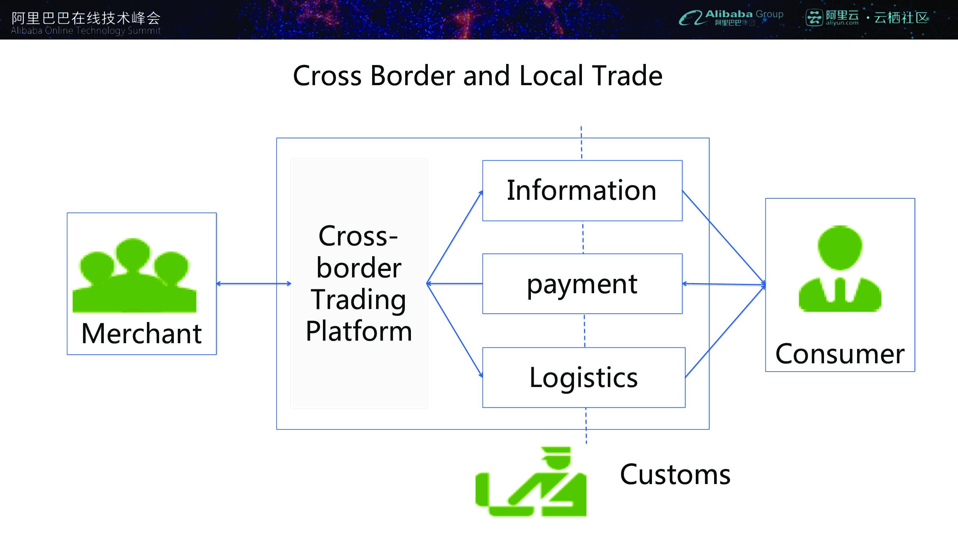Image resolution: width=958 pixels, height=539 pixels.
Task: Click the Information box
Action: [582, 190]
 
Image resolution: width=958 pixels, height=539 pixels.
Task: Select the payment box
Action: [582, 284]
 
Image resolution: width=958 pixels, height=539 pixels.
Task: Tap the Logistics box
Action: [583, 377]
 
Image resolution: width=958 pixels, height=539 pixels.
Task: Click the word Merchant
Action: [141, 333]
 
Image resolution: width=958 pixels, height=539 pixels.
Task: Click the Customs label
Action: [675, 475]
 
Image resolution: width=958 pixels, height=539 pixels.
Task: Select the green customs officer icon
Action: [531, 482]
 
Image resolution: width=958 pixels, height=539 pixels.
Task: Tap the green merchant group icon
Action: [134, 275]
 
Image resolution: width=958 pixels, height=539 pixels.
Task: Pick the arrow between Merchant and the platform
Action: [254, 284]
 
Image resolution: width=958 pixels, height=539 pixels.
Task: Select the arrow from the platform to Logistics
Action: [454, 330]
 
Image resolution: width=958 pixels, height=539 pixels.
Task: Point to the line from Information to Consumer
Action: [724, 238]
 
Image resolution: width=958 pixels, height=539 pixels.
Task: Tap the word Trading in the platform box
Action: [358, 299]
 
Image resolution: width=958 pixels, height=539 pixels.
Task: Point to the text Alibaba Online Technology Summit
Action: [85, 31]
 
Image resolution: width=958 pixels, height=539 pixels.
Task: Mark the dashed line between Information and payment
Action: [583, 237]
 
